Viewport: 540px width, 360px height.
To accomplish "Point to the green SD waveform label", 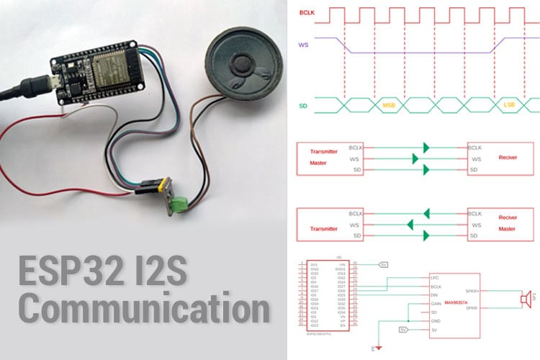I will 304,108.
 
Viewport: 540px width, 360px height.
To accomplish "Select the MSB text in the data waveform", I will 389,106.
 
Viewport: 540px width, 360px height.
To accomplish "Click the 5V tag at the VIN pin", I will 383,264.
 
